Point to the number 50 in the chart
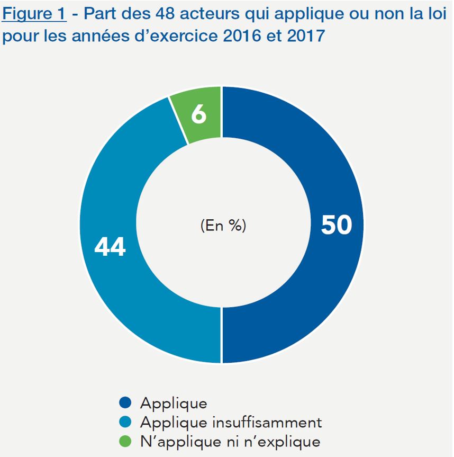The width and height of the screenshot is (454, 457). (x=336, y=225)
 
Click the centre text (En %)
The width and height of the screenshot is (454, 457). (x=223, y=226)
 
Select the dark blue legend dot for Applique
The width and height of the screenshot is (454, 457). (x=125, y=403)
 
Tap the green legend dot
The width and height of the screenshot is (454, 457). (x=125, y=441)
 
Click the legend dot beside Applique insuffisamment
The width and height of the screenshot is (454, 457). (x=125, y=422)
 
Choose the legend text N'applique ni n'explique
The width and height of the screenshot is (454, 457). (x=230, y=441)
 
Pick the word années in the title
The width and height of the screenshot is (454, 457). (x=102, y=37)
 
